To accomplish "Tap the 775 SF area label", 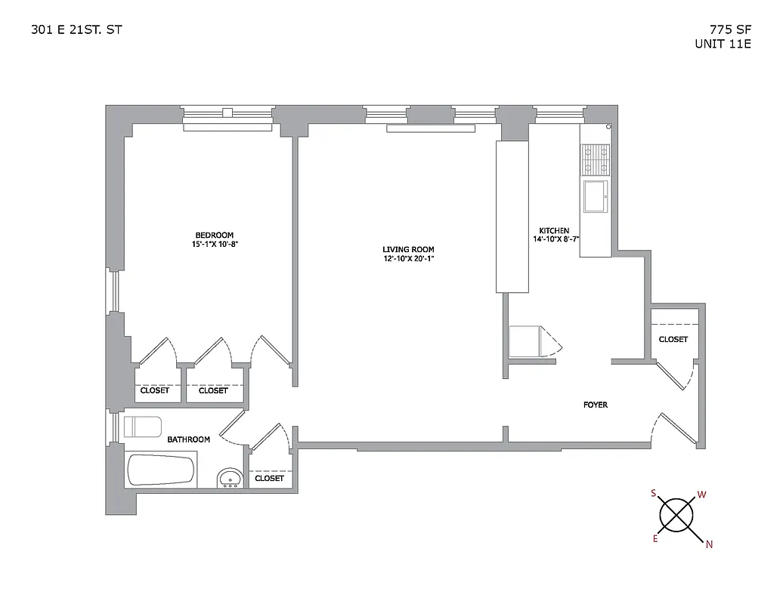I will tap(724, 30).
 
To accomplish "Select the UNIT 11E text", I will tap(723, 44).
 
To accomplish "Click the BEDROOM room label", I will tap(214, 235).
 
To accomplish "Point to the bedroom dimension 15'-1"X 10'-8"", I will tap(214, 245).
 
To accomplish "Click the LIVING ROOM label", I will tap(408, 250).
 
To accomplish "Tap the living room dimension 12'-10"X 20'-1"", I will tap(408, 260).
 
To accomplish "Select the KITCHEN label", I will tap(553, 231).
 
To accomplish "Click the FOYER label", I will tap(595, 405).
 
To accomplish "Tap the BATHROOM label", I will tap(188, 439).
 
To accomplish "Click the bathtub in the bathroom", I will tap(162, 470).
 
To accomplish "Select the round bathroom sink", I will tap(230, 478).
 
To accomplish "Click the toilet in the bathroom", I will tap(143, 427).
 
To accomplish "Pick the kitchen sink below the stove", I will tap(595, 196).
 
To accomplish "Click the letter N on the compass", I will tap(708, 544).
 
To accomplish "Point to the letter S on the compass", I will tap(653, 493).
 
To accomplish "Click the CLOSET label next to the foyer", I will tap(673, 340).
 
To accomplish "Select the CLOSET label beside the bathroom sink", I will tap(269, 478).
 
